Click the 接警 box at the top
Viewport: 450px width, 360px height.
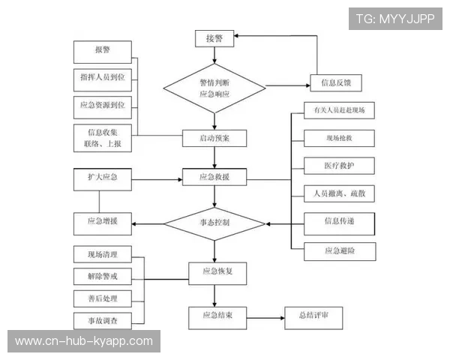point(214,38)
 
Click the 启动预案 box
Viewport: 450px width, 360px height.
point(214,138)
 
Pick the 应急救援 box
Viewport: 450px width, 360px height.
point(214,178)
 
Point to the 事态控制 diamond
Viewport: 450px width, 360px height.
point(214,223)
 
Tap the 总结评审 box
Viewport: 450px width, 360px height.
point(313,316)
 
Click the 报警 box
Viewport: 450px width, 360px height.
point(103,52)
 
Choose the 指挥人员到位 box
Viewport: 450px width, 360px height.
point(103,78)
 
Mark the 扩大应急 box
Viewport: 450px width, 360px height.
point(103,178)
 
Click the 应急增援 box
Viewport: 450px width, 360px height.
point(103,222)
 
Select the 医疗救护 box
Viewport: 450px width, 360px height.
point(339,166)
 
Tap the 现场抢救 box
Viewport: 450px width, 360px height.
point(339,139)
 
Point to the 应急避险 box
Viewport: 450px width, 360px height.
point(339,250)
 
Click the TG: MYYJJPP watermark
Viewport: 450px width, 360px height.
point(394,19)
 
